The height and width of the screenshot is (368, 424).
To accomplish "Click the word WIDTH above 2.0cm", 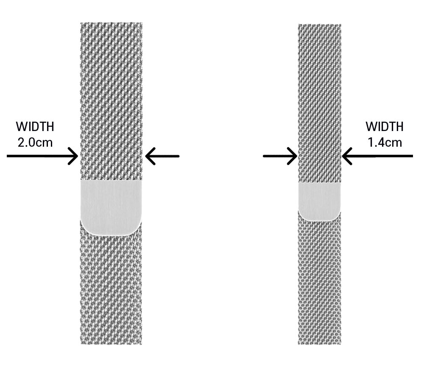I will coord(35,127).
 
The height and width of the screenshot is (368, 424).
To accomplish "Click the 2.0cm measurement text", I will coord(35,142).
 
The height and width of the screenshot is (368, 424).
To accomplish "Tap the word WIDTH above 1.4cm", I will coord(385,127).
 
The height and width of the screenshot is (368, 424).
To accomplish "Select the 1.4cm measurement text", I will coord(385,142).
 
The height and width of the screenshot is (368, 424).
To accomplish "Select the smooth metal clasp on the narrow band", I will coord(319,201).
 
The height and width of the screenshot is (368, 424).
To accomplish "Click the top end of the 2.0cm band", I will coord(111,25).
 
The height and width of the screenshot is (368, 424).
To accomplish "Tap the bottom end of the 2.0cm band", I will coord(111,342).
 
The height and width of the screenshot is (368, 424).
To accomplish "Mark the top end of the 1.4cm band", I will coord(319,26).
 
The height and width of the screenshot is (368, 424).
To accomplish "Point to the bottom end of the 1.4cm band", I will coord(319,342).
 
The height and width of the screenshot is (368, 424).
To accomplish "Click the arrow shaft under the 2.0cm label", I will coord(38,156).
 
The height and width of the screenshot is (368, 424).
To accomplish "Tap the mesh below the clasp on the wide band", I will coord(111,288).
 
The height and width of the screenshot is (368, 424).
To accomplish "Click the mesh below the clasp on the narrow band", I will coord(319,280).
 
